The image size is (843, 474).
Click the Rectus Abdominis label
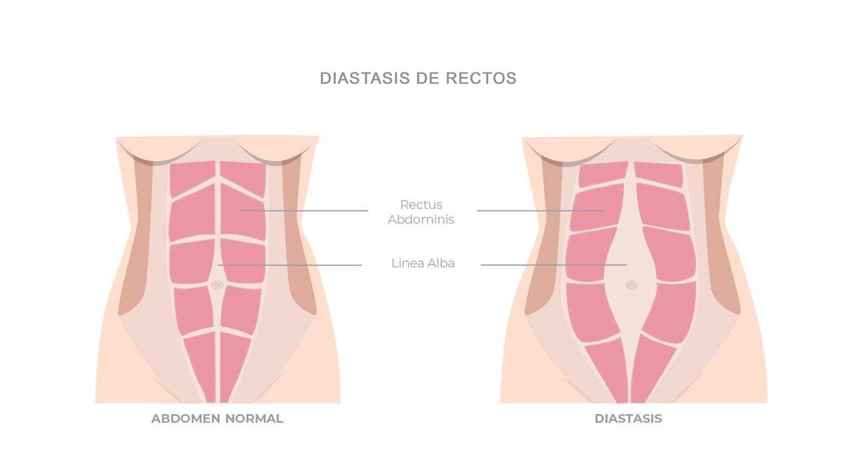click(421, 212)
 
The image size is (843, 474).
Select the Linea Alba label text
click(423, 263)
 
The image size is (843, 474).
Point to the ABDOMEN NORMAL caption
click(217, 419)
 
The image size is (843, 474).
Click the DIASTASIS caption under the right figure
click(628, 419)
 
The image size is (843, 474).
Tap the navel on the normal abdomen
click(217, 285)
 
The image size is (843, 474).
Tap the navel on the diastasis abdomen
click(631, 284)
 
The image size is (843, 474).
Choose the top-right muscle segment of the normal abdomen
click(244, 176)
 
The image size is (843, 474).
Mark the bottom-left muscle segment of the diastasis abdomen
click(606, 369)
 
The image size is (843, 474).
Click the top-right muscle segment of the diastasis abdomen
click(659, 174)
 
